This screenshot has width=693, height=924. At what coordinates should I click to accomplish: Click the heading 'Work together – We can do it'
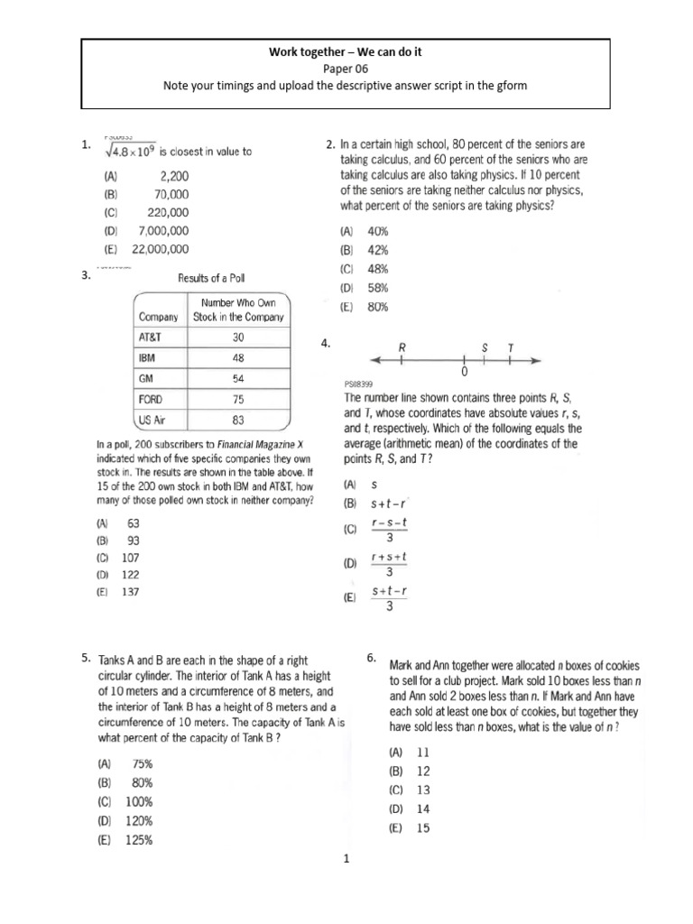[346, 52]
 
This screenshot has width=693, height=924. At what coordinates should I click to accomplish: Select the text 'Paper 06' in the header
[346, 69]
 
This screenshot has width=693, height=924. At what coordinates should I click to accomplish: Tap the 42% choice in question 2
[376, 250]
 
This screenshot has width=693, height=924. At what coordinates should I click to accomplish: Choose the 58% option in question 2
[376, 288]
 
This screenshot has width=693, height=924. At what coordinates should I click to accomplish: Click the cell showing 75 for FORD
[238, 399]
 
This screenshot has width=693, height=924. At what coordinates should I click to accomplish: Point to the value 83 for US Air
[238, 420]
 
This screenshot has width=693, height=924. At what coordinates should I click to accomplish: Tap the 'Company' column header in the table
[158, 317]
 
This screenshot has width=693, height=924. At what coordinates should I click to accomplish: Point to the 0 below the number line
[463, 371]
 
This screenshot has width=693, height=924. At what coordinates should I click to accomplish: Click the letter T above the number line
[511, 346]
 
